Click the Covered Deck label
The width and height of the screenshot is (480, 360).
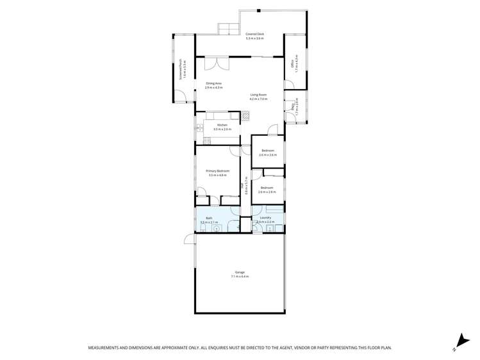point(255,35)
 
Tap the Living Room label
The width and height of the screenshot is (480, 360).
point(258,95)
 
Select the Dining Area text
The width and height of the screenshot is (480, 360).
point(213,83)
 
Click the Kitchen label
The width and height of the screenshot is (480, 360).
point(222,125)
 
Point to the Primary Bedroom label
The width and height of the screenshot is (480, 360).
point(217,171)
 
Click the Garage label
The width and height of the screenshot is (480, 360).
point(239,272)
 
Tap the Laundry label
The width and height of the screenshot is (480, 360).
point(266,218)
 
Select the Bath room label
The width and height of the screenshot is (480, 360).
point(208,218)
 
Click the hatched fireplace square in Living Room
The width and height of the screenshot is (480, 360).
point(245,116)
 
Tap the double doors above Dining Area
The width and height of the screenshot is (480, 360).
point(222,63)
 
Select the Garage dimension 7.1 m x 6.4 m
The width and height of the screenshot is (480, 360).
point(239,276)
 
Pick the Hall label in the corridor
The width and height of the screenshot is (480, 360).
point(242,186)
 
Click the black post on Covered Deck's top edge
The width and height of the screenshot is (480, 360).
point(258,10)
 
